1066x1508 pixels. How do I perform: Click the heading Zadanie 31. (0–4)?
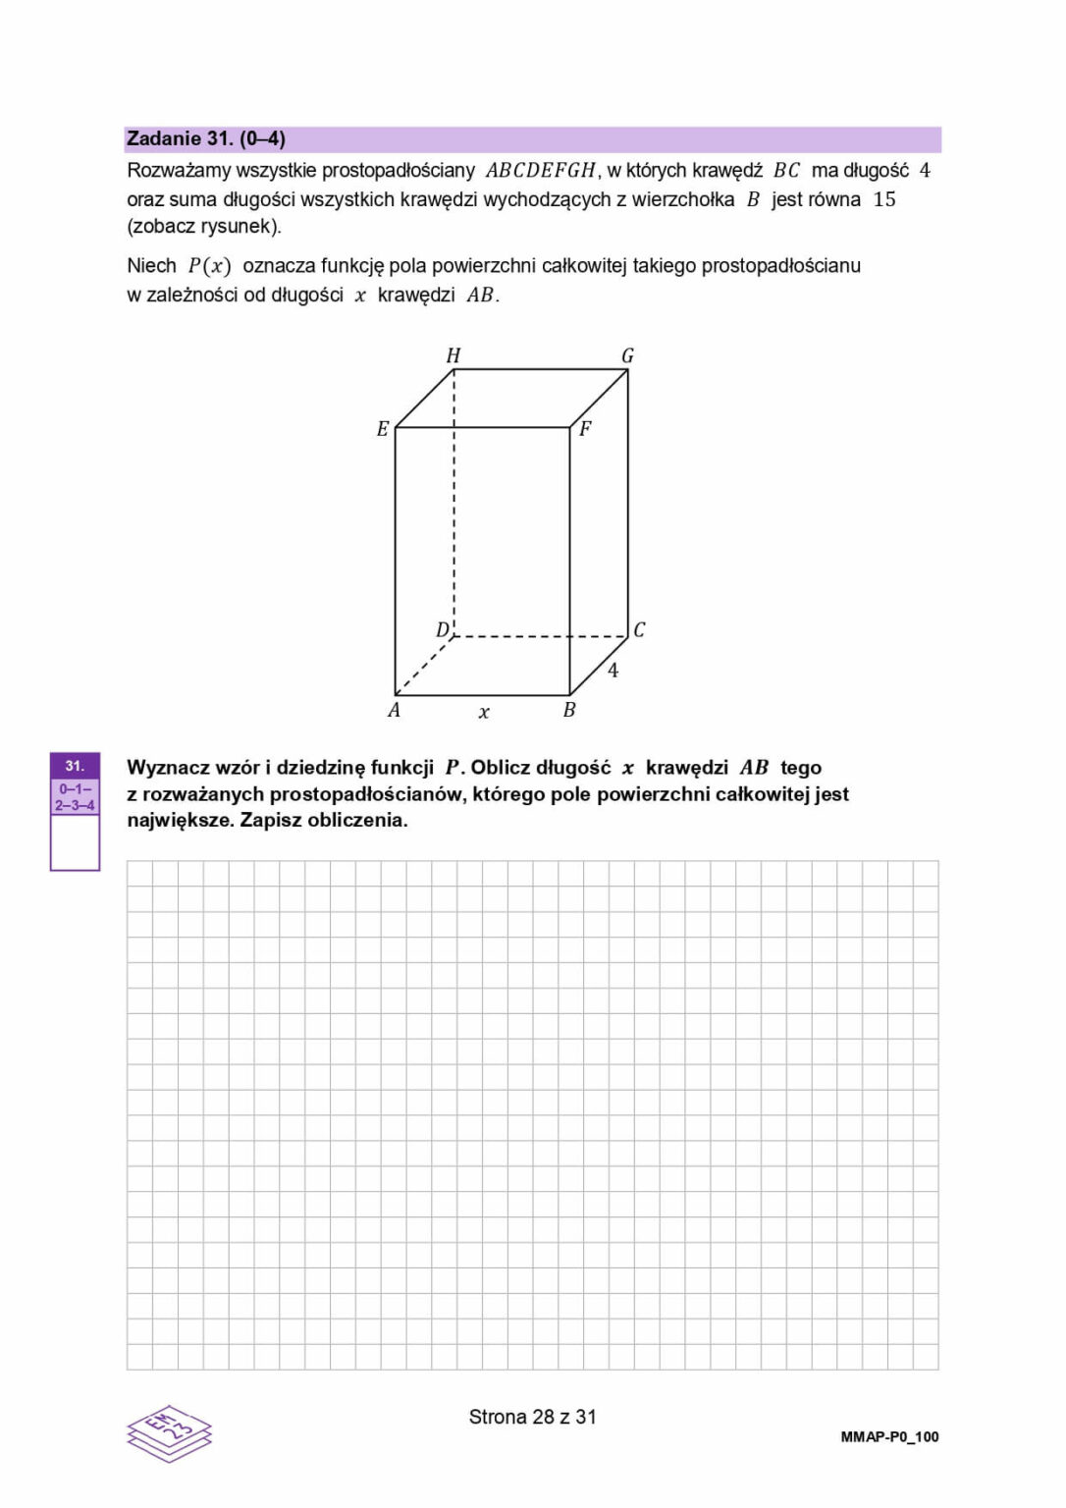coord(206,139)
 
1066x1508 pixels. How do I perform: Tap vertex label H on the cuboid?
coord(453,355)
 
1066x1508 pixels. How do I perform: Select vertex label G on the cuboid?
coord(627,355)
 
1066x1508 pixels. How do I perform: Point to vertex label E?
coord(383,429)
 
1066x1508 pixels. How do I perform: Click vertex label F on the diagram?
coord(585,428)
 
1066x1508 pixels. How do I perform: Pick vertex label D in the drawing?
coord(443,629)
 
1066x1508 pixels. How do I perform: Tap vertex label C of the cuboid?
coord(639,629)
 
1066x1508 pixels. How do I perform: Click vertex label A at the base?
coord(394,710)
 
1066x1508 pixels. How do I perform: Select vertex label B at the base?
coord(569,710)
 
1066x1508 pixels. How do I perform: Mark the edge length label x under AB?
coord(484,713)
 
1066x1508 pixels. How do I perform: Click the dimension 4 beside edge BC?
coord(613,671)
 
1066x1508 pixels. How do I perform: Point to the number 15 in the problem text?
coord(884,199)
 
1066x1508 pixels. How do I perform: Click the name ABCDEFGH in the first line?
coord(541,171)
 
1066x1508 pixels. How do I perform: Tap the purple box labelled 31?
coord(75,766)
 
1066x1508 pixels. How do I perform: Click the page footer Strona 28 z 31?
coord(532,1417)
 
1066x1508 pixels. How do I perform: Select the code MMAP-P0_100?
coord(889,1436)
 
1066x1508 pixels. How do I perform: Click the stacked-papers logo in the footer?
coord(169,1433)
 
